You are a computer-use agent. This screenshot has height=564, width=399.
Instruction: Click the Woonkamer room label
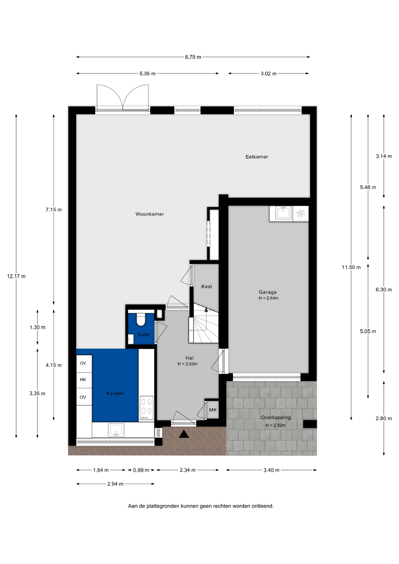(x=150, y=214)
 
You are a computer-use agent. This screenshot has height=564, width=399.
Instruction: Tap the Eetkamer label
(x=257, y=157)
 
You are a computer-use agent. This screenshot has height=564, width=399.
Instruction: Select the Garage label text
(x=268, y=292)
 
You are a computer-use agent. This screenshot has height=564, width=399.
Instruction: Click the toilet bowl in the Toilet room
(x=141, y=320)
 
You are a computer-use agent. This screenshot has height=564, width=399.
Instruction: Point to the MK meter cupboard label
(x=213, y=410)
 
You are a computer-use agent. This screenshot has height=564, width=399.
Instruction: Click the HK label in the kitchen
(x=83, y=380)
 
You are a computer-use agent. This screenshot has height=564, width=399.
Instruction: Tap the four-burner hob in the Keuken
(x=146, y=408)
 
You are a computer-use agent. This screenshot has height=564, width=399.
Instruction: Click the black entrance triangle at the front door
(x=184, y=434)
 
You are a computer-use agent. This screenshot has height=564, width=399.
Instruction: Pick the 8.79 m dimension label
(x=193, y=57)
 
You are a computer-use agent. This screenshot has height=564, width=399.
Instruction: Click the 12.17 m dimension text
(x=16, y=276)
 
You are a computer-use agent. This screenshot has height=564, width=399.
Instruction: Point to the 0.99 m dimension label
(x=141, y=470)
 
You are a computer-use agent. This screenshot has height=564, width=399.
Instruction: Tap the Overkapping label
(x=276, y=417)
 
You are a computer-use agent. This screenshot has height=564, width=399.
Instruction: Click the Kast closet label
(x=207, y=286)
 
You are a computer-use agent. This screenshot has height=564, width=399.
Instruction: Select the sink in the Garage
(x=283, y=213)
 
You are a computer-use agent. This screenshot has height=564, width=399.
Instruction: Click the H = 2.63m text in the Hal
(x=187, y=364)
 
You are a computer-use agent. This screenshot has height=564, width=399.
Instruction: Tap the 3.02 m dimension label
(x=269, y=73)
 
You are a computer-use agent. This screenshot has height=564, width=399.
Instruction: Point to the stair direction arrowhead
(x=206, y=309)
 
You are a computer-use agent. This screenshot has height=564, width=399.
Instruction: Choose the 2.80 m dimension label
(x=384, y=418)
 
